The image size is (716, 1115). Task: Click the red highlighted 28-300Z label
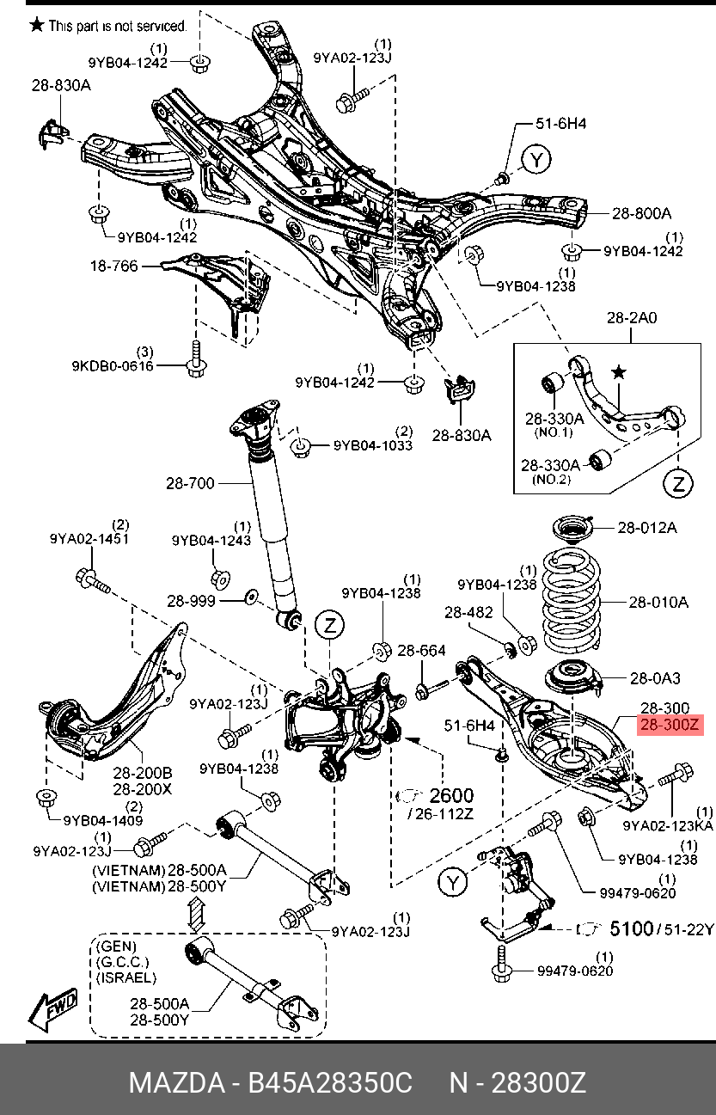point(670,725)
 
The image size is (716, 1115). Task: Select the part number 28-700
point(190,483)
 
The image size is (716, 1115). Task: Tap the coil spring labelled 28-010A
point(572,602)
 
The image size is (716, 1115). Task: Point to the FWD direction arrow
point(53,1007)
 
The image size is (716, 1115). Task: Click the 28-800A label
point(641,213)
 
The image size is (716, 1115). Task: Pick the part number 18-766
point(114,266)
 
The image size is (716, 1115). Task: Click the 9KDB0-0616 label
point(113,366)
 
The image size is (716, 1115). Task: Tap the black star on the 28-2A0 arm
point(619,372)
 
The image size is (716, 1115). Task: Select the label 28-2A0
point(632,317)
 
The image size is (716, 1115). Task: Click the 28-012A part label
point(647,528)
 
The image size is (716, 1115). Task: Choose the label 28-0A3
point(655,678)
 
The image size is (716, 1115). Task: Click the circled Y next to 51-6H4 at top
point(536,160)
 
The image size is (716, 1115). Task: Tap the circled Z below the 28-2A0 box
point(678,482)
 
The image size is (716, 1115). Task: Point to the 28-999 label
point(191,601)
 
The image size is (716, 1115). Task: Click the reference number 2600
point(451,796)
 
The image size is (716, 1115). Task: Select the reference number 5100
point(631,928)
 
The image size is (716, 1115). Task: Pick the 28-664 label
point(421,651)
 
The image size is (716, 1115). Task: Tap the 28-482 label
point(468,612)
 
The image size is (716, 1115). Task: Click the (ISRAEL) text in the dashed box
point(125,977)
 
